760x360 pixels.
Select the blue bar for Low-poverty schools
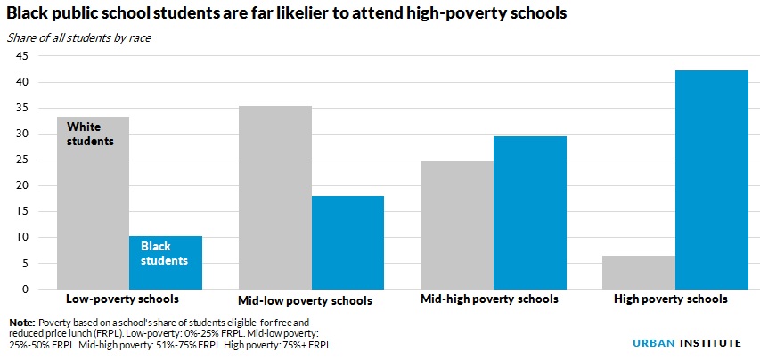pyautogui.click(x=166, y=263)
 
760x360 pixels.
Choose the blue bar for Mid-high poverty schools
pyautogui.click(x=530, y=213)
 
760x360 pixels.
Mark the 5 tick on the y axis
pyautogui.click(x=24, y=264)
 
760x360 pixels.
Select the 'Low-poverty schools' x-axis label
pyautogui.click(x=123, y=299)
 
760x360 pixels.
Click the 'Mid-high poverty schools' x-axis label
pyautogui.click(x=489, y=299)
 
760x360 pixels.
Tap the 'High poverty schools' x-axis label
pyautogui.click(x=671, y=299)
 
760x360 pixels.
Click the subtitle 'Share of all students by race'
pyautogui.click(x=78, y=37)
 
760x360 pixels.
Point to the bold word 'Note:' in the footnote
pyautogui.click(x=21, y=322)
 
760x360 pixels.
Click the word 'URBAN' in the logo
pyautogui.click(x=642, y=340)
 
